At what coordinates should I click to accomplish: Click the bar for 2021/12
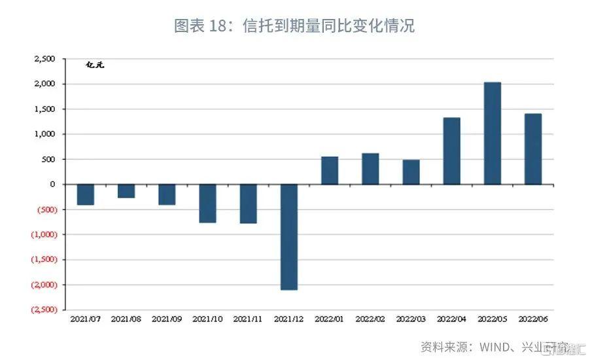[288, 237]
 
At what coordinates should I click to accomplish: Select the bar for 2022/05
[493, 134]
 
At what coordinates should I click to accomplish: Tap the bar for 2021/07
[85, 194]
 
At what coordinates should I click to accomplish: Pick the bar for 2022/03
[411, 172]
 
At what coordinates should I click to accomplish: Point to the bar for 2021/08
[126, 191]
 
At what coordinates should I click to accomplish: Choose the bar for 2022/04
[451, 151]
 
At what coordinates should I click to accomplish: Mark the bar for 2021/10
[207, 204]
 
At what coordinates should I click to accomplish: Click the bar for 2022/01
[330, 170]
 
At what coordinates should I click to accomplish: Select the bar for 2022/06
[533, 149]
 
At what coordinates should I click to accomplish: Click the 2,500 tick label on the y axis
[46, 59]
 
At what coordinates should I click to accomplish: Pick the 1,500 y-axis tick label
[46, 109]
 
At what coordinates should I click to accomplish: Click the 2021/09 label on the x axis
[167, 319]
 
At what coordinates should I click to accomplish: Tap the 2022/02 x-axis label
[370, 319]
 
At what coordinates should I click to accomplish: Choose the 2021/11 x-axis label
[248, 319]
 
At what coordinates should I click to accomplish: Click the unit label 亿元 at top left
[95, 65]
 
